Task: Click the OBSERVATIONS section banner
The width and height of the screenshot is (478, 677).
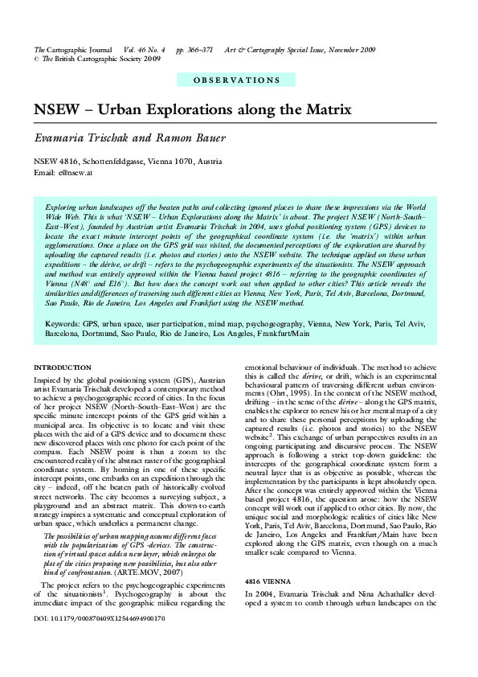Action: coord(238,80)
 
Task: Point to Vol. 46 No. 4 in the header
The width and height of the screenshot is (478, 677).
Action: coord(145,50)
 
